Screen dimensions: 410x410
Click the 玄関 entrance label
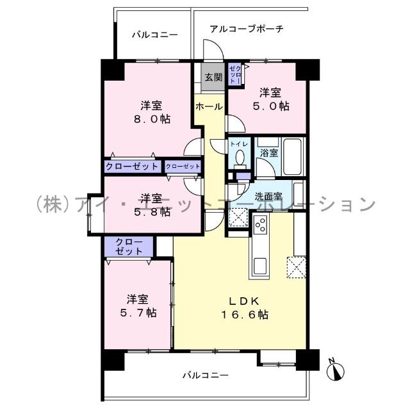(213, 78)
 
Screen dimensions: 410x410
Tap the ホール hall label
(209, 106)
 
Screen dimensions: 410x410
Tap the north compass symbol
(338, 370)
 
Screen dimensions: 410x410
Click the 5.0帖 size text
(274, 106)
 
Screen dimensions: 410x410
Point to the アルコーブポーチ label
(247, 29)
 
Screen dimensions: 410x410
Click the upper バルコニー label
(154, 35)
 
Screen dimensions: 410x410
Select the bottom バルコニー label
(204, 375)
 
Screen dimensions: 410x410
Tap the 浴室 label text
(268, 153)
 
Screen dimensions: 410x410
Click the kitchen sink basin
(261, 263)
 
